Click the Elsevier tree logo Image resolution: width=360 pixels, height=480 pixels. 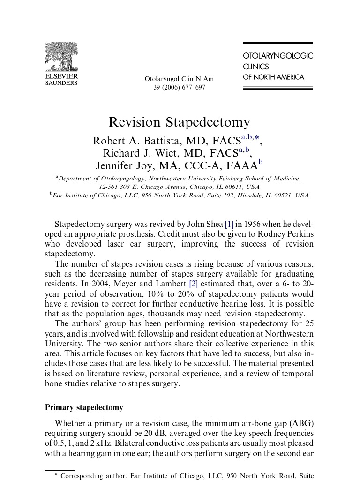pos(61,57)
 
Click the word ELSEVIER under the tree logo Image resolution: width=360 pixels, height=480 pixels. pos(61,76)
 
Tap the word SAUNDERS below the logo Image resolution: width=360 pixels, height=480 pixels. pos(61,83)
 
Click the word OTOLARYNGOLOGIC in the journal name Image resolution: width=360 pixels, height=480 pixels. pos(277,56)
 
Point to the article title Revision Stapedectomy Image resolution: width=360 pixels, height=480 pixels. pos(180,122)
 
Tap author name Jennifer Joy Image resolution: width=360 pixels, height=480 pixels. pos(124,166)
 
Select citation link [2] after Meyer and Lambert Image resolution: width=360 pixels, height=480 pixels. pos(193,284)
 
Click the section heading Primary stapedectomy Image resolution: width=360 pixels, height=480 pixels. pos(84,407)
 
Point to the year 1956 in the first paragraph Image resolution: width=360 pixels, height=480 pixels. pos(252,224)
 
